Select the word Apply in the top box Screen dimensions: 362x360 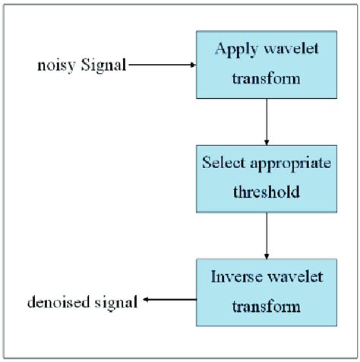click(x=234, y=52)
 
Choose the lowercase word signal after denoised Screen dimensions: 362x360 click(x=117, y=303)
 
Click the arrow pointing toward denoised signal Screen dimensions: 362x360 click(x=169, y=301)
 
